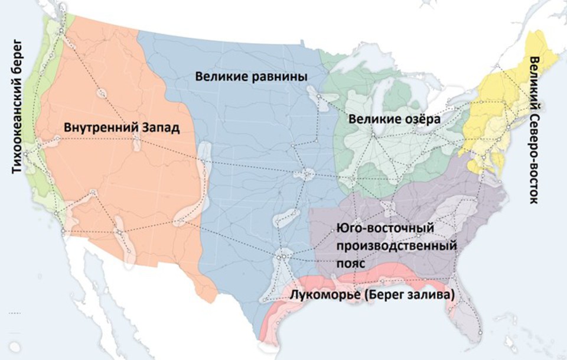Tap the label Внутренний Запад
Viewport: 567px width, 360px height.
(121, 127)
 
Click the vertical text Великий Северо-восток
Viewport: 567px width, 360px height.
(536, 130)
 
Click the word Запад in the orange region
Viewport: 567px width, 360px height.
(159, 127)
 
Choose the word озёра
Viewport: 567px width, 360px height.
(421, 119)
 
